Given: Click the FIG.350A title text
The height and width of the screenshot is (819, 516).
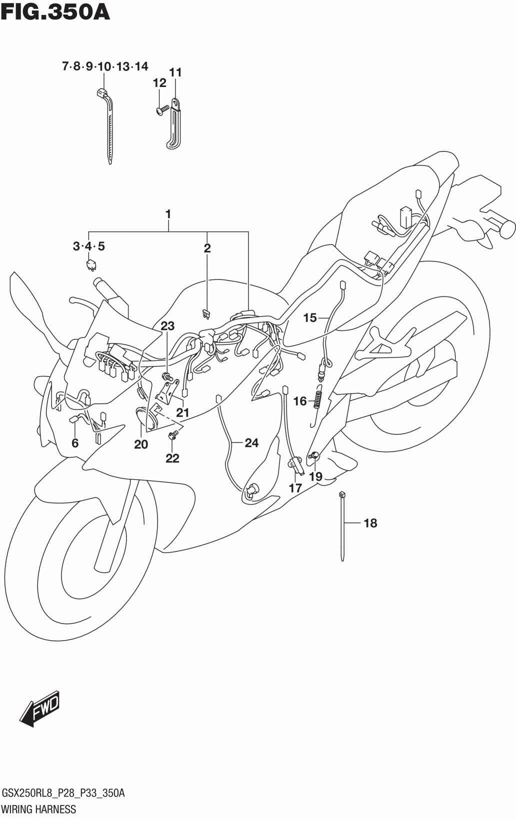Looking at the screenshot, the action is (55, 12).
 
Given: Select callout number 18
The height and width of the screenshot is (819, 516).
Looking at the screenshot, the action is (370, 523).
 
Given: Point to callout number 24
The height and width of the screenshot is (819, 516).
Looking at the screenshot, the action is (251, 442).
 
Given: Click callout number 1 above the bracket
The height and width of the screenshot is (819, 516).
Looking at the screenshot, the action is (168, 214).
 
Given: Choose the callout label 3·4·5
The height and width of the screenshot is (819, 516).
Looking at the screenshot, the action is (88, 246).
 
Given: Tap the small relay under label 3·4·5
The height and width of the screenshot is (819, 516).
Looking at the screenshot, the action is (91, 264).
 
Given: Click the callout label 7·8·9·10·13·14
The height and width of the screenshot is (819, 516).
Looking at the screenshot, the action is (104, 66).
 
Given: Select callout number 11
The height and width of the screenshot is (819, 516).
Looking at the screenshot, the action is (175, 72).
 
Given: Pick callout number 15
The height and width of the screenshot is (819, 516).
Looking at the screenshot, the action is (310, 317).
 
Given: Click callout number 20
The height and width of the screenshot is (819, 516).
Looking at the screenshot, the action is (141, 444).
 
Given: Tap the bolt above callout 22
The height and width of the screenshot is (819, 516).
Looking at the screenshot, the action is (173, 435).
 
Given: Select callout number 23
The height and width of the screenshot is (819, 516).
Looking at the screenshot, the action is (167, 326).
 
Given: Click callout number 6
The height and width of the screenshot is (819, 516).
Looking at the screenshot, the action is (75, 442).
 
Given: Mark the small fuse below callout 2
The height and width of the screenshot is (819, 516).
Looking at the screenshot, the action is (205, 314).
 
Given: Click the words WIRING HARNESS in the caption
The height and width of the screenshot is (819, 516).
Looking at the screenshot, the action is (39, 809).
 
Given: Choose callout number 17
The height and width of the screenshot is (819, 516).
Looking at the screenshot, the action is (295, 488).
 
